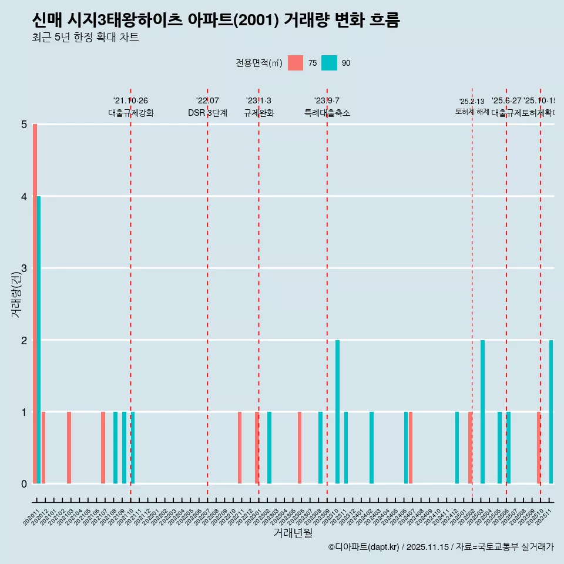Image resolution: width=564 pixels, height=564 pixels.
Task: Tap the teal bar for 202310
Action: point(337,411)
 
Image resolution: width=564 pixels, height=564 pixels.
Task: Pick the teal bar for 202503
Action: point(482,411)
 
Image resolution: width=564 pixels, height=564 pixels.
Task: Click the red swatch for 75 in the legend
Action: point(296,63)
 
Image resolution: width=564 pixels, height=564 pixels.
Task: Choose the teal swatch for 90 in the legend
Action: point(329,63)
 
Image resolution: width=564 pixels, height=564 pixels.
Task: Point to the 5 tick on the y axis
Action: point(24,125)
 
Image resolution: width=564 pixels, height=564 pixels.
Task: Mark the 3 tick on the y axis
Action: point(24,268)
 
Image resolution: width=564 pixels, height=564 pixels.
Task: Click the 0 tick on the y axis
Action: point(24,484)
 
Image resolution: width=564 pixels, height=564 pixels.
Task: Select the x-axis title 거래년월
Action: point(293,533)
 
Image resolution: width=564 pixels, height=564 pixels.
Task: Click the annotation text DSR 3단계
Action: point(207,113)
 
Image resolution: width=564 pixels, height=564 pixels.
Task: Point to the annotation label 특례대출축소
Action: point(327,113)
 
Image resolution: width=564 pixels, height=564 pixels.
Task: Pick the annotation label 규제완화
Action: point(258,113)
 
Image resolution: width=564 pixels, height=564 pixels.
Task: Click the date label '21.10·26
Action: point(130,101)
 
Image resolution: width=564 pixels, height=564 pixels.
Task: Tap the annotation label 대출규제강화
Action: point(130,113)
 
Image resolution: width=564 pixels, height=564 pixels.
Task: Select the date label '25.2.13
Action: point(472,102)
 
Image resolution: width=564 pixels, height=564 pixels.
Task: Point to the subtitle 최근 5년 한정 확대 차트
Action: point(86,38)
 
